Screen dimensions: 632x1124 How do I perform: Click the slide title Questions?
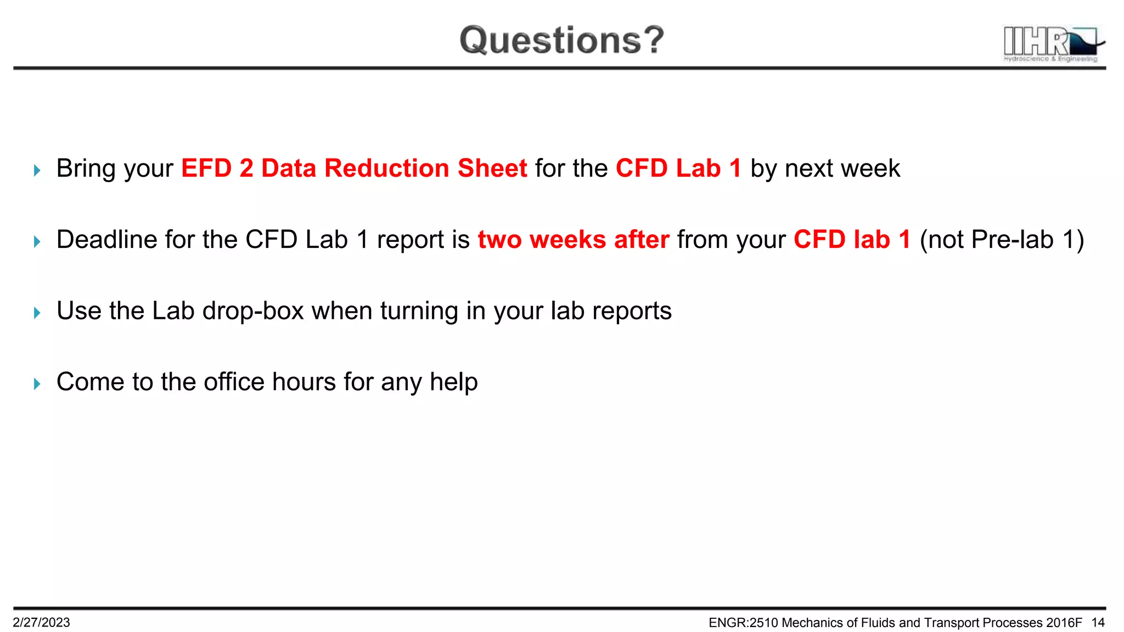[561, 40]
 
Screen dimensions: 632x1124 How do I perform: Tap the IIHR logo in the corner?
[1053, 44]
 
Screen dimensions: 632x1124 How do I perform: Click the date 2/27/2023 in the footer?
[42, 622]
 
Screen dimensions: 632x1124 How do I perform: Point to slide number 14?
[1098, 622]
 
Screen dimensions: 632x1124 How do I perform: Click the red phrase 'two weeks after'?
[574, 240]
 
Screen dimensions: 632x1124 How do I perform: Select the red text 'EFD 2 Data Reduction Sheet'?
[354, 168]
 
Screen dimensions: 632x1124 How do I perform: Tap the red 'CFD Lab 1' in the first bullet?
[678, 168]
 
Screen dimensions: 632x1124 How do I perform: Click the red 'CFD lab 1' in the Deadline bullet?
[852, 240]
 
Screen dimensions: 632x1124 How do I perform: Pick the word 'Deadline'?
[106, 240]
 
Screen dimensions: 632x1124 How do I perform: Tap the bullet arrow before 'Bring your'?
[37, 171]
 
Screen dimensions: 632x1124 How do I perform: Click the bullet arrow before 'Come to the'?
[37, 384]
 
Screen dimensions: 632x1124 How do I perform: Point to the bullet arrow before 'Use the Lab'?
[37, 313]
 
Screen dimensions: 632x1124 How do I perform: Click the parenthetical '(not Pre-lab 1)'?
[1002, 240]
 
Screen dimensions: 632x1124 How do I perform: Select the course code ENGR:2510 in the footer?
[743, 622]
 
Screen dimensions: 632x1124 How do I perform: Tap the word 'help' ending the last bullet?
[453, 382]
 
